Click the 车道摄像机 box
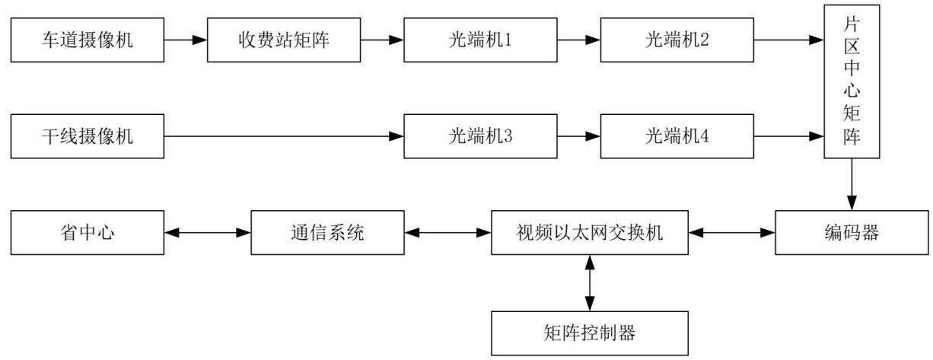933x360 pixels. [88, 40]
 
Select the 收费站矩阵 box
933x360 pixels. [284, 40]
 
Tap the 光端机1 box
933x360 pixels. [481, 40]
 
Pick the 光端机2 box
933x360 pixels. [677, 40]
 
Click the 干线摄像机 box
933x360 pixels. [88, 136]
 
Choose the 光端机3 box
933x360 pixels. [481, 136]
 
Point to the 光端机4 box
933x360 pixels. [677, 136]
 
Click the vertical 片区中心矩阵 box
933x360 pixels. [852, 81]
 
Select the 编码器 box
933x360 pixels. [852, 232]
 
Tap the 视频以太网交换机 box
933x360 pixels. [590, 232]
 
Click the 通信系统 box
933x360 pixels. [328, 232]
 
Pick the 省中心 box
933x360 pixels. [88, 232]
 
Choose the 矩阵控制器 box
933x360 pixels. [590, 333]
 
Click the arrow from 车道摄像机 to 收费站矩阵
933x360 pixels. [186, 40]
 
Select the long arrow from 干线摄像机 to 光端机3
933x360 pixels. [284, 136]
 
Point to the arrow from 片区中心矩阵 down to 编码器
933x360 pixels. [852, 185]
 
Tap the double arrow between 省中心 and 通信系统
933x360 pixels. [208, 232]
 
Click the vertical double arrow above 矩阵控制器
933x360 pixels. [590, 283]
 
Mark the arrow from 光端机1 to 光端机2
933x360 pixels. [579, 40]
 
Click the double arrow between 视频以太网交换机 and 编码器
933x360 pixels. [732, 232]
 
